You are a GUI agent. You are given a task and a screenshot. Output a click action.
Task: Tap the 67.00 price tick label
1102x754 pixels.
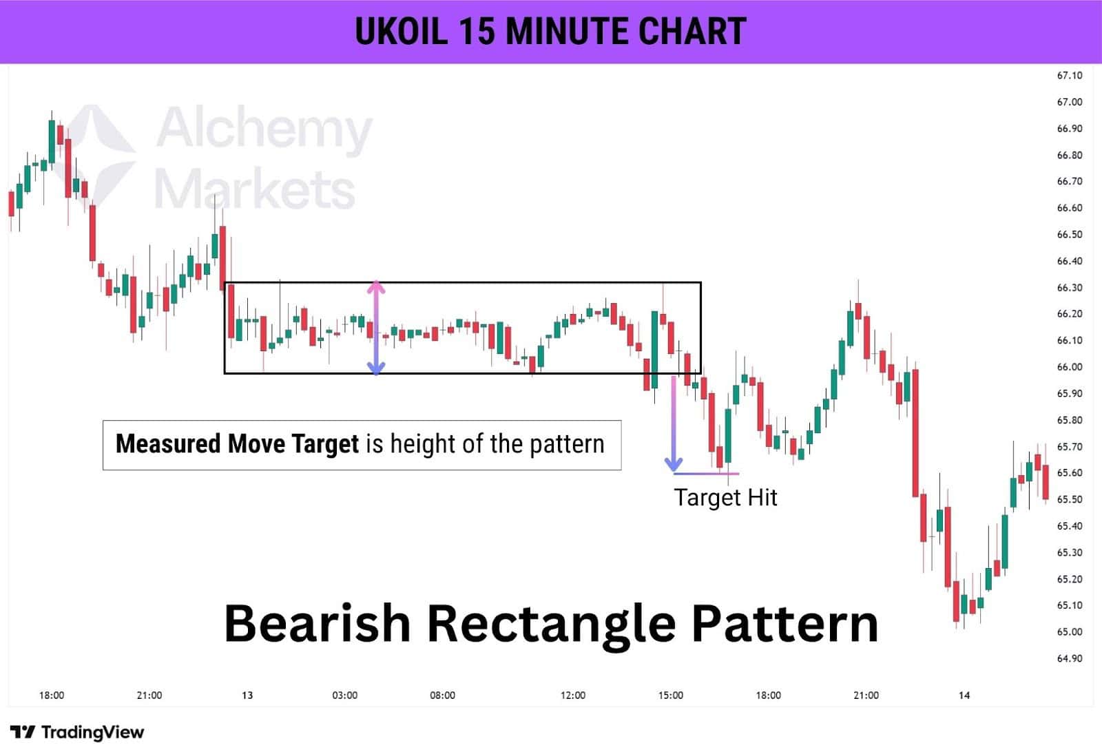(1069, 102)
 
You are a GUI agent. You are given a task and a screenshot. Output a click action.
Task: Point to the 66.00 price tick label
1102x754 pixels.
(1069, 367)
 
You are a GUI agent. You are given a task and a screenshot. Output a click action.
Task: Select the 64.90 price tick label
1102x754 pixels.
(1069, 658)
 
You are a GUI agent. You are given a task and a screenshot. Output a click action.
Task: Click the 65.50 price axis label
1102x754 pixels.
(1069, 499)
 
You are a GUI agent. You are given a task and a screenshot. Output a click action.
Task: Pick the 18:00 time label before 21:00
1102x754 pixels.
(52, 695)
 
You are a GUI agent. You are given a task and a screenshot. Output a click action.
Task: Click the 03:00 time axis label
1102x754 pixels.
(344, 695)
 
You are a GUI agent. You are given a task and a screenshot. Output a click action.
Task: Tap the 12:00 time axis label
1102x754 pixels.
(573, 695)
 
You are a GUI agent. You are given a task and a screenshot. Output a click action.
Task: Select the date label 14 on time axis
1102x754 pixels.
(964, 695)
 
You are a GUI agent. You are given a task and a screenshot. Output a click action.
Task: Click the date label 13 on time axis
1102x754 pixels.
(247, 695)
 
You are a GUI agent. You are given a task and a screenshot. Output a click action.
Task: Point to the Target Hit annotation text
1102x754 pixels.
(725, 497)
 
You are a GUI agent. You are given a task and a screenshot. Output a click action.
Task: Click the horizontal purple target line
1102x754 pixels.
(706, 474)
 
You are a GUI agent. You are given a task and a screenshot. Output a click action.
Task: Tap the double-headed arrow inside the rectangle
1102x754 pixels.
(375, 328)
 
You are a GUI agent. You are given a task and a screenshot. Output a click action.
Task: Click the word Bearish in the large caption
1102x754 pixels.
(318, 623)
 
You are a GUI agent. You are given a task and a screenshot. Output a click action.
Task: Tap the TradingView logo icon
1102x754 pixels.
(23, 732)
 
